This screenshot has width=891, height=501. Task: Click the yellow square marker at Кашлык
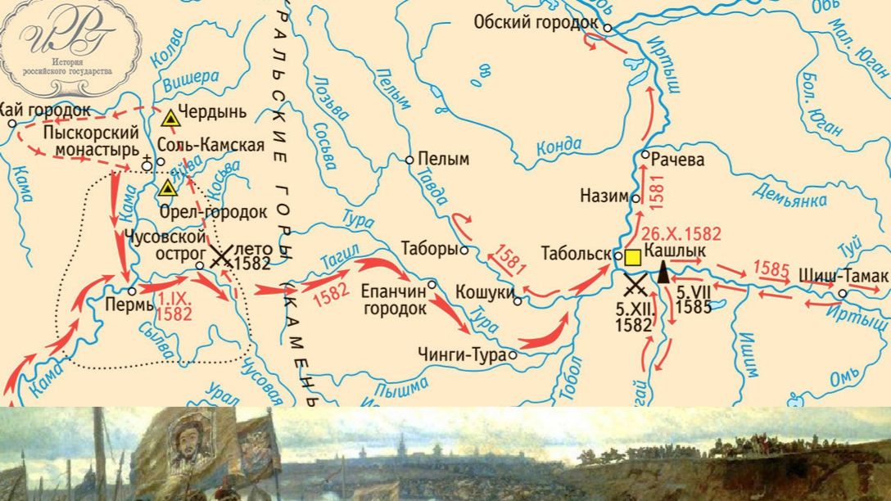[633, 258]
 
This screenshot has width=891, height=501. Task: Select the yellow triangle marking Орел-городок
[168, 188]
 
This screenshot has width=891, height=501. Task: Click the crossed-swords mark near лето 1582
[219, 258]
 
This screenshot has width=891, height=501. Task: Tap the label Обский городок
[536, 22]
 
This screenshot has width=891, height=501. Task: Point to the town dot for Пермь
[132, 291]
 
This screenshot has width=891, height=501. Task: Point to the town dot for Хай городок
[12, 124]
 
